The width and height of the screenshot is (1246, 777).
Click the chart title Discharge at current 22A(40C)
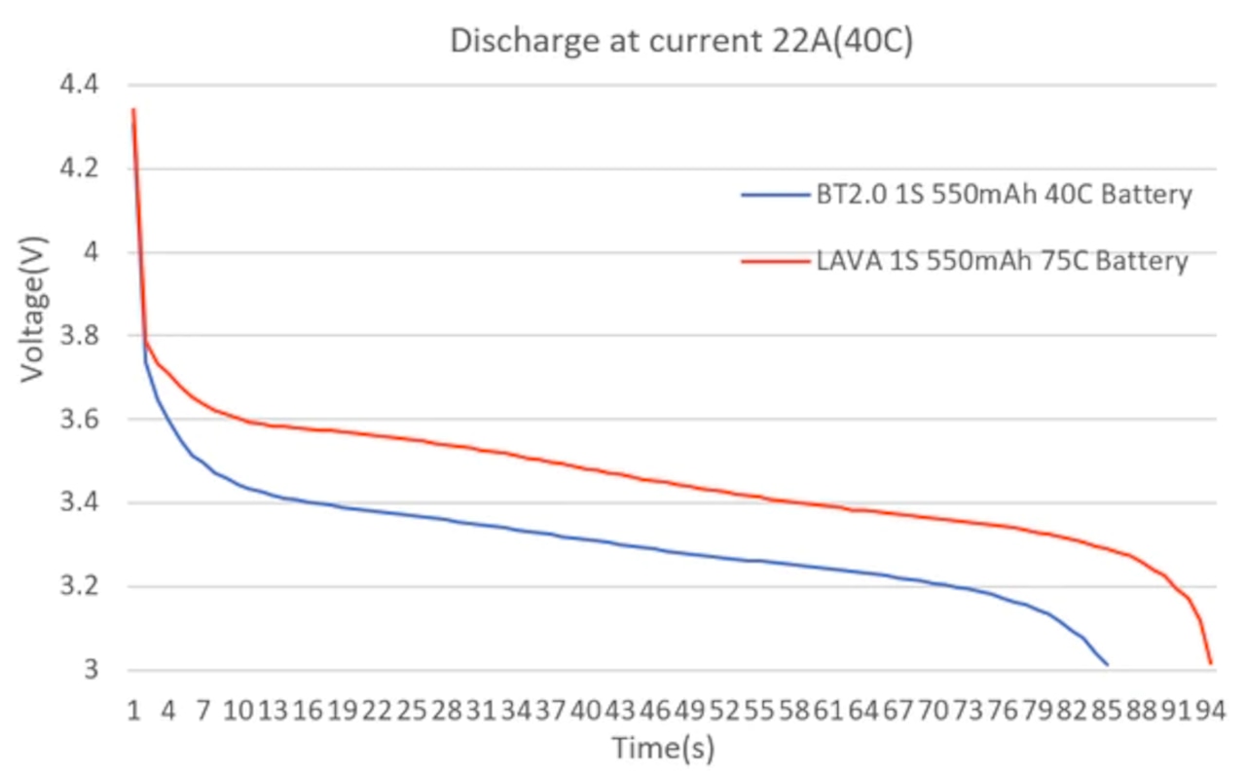[x=680, y=42]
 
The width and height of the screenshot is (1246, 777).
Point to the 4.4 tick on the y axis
[x=80, y=86]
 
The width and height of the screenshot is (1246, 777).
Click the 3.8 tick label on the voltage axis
[x=80, y=336]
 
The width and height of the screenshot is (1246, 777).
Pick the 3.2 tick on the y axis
[x=80, y=587]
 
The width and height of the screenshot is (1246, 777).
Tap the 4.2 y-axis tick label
[x=80, y=169]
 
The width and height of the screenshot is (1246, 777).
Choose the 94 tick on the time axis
[x=1210, y=711]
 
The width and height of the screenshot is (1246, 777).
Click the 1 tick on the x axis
[x=133, y=711]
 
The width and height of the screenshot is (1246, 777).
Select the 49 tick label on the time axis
[x=689, y=711]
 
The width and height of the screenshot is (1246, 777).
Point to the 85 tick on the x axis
[x=1106, y=711]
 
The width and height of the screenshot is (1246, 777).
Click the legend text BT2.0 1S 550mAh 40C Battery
[x=1003, y=195]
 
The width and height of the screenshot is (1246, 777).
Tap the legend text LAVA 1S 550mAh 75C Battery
[x=1001, y=262]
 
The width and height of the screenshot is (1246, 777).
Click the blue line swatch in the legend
[x=775, y=195]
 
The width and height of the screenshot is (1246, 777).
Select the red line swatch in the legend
[x=775, y=262]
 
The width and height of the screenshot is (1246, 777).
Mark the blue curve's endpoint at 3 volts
[x=1107, y=664]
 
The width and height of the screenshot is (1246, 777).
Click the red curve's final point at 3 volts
[x=1211, y=664]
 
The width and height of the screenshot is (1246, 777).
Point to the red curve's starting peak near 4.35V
[x=133, y=109]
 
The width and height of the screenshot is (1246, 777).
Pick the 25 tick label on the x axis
[x=412, y=711]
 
